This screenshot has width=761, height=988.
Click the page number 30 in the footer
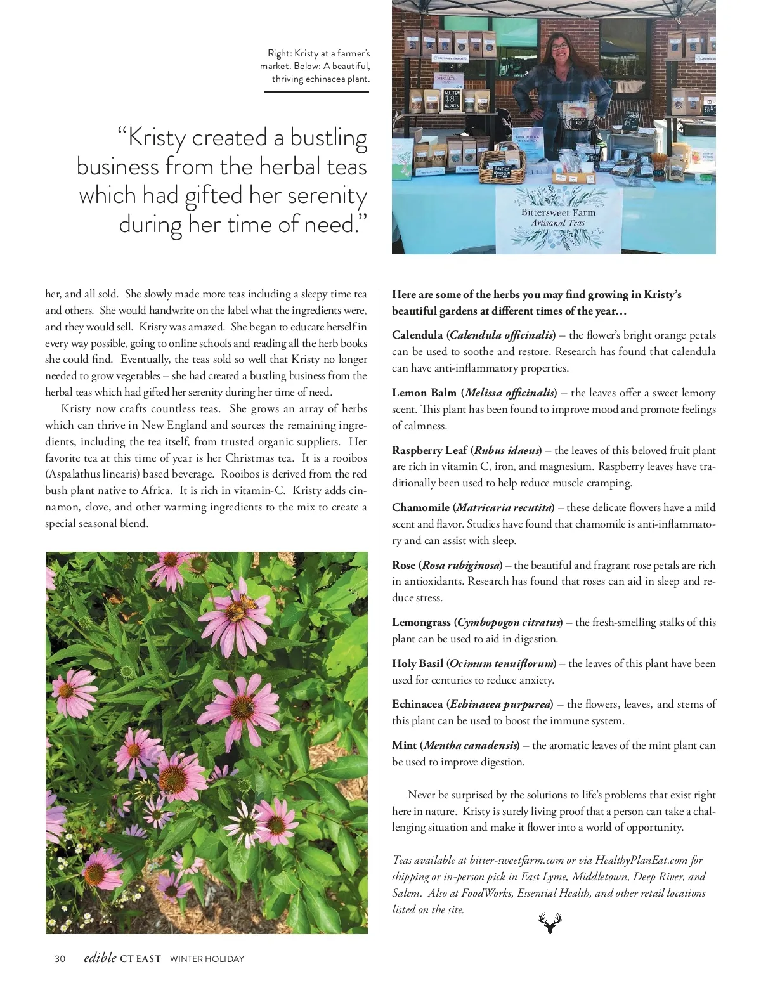pos(60,959)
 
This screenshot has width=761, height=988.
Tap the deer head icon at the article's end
pos(550,923)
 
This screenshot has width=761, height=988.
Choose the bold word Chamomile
pos(420,507)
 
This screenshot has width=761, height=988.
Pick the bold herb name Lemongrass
pos(421,622)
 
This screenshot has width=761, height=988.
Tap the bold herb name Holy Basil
pos(417,663)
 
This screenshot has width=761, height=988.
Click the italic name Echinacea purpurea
pos(500,704)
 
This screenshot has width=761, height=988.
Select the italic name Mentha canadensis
pos(470,745)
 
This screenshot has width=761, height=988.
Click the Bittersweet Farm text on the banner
pos(558,212)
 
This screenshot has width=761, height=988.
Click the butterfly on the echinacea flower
pos(238,610)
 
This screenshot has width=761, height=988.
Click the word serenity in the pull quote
pos(327,195)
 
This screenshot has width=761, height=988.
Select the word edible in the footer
pos(100,958)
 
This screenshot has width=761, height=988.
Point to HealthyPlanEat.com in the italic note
pos(641,860)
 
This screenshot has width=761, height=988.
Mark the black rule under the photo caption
pos(316,92)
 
